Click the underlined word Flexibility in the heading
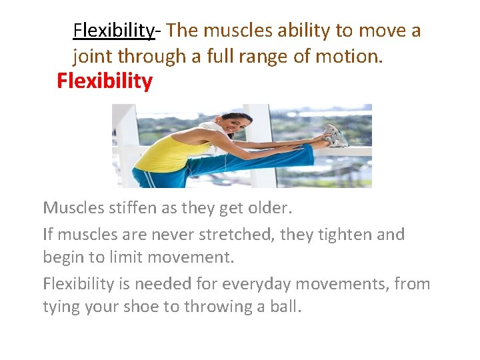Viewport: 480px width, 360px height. (113, 31)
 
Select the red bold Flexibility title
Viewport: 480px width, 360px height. (105, 81)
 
